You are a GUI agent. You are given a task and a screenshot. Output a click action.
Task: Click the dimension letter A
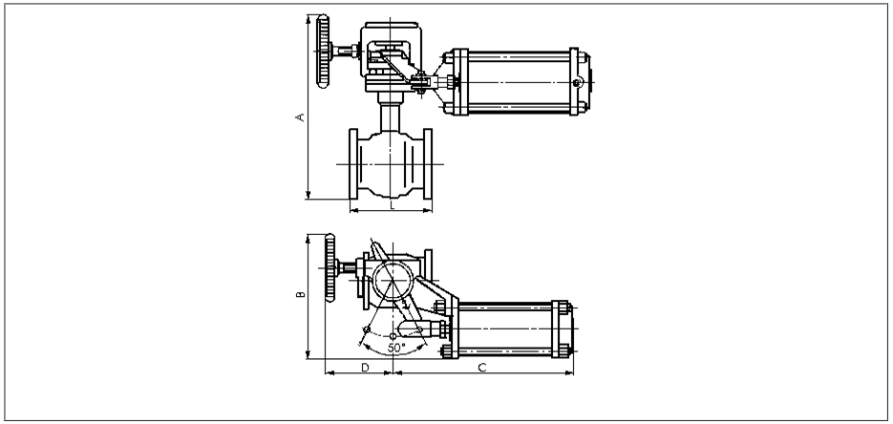pos(301,117)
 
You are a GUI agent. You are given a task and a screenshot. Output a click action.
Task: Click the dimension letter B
pos(301,294)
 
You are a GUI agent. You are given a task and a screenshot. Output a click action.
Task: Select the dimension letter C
pos(482,368)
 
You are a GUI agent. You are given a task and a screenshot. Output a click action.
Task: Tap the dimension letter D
pos(365,368)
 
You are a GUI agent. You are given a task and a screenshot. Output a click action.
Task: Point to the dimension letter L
pos(392,205)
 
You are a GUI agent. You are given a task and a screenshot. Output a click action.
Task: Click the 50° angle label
pos(396,348)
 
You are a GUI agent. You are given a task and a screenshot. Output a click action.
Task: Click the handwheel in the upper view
pos(323,52)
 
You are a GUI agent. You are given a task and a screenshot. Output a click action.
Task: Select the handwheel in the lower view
pos(330,267)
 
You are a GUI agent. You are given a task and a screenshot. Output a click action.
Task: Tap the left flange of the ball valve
pos(353,164)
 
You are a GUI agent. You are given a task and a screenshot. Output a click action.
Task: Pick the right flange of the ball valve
pos(428,164)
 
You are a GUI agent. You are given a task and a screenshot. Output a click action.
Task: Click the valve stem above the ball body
pos(391,117)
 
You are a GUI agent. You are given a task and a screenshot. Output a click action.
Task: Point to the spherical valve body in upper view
pos(391,164)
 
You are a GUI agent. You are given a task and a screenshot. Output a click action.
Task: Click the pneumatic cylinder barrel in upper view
pos(519,82)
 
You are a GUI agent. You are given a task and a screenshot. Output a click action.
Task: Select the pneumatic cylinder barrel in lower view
pos(504,329)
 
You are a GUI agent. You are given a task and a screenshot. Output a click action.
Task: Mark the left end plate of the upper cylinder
pos(460,82)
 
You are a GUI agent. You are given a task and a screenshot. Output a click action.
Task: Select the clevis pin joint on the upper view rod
pos(420,82)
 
